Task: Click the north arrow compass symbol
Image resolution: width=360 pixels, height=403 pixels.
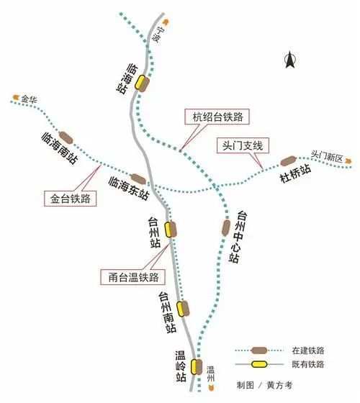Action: point(290,60)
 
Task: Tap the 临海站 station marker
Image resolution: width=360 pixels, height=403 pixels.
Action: point(142,83)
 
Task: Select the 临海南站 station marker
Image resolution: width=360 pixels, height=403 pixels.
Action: point(66,137)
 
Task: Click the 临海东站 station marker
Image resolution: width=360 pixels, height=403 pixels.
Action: point(138,179)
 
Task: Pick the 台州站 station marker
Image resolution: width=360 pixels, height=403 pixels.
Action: point(171,230)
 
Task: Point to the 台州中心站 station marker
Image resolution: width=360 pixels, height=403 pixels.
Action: point(226,227)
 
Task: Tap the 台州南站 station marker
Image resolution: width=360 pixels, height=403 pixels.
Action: point(183,309)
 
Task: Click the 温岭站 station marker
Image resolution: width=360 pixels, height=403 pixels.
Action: point(197,367)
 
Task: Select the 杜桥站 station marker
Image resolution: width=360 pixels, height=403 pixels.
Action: point(288,161)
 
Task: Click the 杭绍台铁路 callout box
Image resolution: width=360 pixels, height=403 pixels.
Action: point(217,117)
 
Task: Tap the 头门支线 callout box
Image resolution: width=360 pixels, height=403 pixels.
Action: point(243,145)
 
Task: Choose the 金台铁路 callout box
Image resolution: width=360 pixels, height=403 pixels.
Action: point(71,199)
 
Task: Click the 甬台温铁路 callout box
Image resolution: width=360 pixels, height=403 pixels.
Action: point(132,277)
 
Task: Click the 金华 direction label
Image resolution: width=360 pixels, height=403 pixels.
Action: point(29,99)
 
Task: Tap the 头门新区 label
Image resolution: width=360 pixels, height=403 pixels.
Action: point(327,157)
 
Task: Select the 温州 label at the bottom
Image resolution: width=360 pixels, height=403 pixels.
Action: point(210,374)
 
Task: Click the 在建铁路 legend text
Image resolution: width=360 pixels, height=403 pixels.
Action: point(308,350)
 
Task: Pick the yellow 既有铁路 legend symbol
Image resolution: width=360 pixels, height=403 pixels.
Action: point(259,364)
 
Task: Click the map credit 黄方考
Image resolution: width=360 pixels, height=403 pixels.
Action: point(280,385)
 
